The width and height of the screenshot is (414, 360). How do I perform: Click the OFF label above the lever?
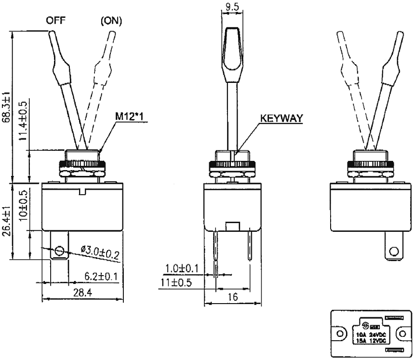point(56,21)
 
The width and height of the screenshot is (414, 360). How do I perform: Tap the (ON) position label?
point(111,21)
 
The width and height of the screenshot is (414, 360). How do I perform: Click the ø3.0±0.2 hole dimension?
point(100,252)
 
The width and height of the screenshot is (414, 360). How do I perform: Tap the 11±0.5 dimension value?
point(177,282)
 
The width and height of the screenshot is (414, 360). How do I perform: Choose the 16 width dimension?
point(232,297)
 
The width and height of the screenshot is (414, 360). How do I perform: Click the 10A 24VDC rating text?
point(371,334)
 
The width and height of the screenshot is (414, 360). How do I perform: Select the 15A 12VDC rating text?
point(371,340)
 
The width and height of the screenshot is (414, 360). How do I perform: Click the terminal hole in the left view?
point(60,251)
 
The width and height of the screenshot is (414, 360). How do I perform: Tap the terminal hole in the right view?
point(395,251)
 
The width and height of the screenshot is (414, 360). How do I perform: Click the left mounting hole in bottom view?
point(341,333)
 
